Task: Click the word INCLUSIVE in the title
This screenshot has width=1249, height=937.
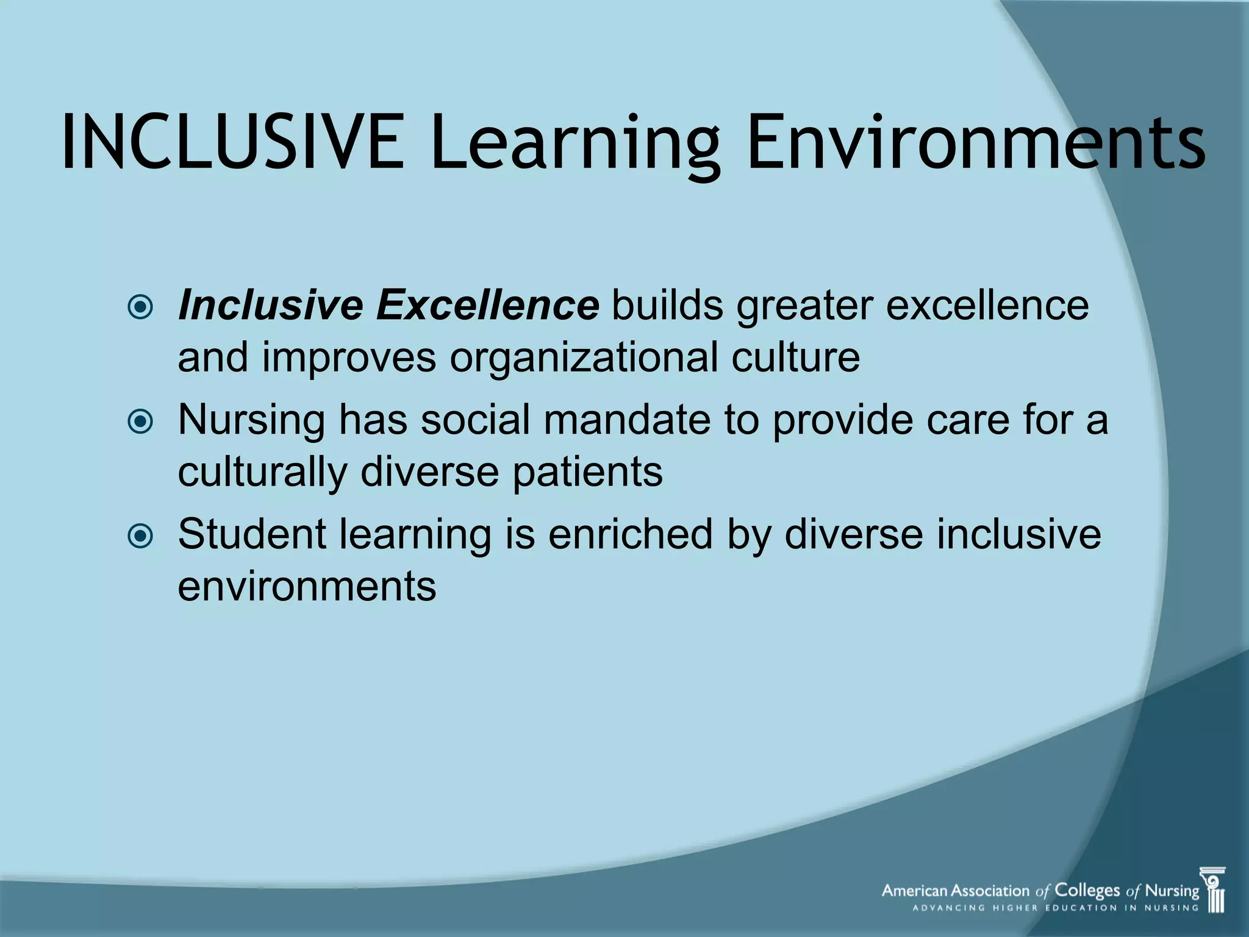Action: [232, 143]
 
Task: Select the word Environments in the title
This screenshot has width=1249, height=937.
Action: [976, 143]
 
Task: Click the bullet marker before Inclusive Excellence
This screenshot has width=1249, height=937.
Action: [141, 307]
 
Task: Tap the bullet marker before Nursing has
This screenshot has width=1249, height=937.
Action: [141, 422]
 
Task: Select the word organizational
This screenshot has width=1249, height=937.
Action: [584, 358]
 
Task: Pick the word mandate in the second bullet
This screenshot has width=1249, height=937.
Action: [627, 420]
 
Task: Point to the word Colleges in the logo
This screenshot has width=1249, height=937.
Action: [1087, 891]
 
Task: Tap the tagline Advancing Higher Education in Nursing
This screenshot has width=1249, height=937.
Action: [1055, 908]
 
